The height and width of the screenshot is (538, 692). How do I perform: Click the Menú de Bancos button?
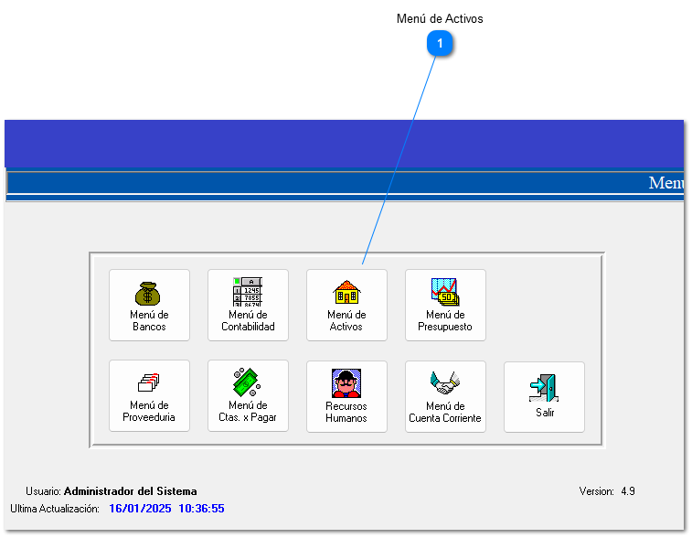149,305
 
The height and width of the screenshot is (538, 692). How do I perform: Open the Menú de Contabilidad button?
248,305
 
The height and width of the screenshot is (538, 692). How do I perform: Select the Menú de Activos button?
346,305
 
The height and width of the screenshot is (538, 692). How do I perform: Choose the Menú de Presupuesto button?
445,305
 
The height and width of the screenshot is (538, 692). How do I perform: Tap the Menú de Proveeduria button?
149,396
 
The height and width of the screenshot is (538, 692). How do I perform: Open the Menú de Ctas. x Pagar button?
248,396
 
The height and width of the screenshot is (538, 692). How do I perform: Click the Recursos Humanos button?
346,396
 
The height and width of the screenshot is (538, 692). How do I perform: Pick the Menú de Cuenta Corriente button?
445,396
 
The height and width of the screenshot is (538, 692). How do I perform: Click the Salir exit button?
544,396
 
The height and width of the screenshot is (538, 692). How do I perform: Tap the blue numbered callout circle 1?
441,43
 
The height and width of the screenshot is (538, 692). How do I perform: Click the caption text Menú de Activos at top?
440,18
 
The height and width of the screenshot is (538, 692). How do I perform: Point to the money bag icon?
148,293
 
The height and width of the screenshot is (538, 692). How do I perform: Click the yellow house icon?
346,293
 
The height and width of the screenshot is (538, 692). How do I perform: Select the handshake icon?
445,382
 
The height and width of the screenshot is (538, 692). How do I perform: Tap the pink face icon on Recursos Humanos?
346,382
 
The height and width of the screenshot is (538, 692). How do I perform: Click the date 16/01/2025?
139,508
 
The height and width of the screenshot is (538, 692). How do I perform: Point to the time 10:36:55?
201,508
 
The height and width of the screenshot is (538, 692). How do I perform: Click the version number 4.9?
628,491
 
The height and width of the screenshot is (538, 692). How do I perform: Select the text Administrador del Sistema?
130,491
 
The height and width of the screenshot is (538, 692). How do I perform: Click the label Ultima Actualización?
54,508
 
